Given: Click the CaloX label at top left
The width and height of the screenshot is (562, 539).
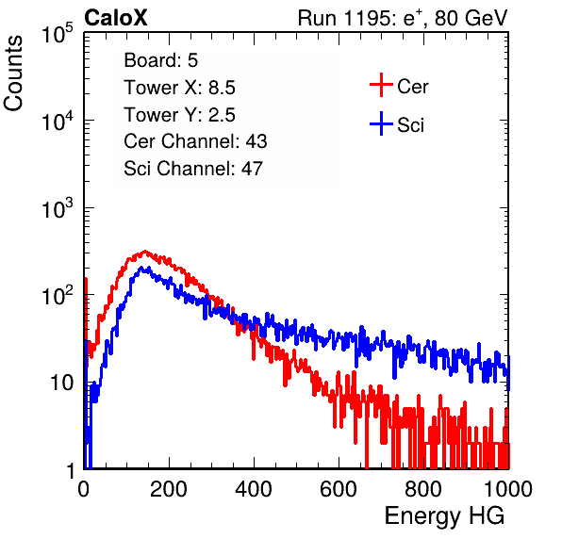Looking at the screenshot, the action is tap(115, 18).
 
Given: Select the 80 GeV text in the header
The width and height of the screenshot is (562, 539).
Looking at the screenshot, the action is tap(471, 18).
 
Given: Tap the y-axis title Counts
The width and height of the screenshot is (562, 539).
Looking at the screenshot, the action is tap(13, 73).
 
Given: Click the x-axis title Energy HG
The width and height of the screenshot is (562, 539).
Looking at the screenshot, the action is tap(444, 516).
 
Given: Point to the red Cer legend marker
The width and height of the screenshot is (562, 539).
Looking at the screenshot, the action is tap(381, 85).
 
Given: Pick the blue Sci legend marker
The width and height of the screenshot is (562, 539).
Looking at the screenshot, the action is tap(381, 123).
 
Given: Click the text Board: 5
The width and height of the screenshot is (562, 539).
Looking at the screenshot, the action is tap(160, 60).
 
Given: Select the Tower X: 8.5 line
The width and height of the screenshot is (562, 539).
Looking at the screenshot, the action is tap(179, 88).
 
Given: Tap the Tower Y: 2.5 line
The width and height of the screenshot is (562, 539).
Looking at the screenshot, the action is tap(179, 115).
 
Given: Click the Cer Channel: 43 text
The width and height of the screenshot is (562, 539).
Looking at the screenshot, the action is tap(195, 141).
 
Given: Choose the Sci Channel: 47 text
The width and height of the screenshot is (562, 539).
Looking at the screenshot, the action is tap(193, 169).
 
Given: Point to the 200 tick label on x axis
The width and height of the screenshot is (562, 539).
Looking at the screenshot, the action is tap(169, 489).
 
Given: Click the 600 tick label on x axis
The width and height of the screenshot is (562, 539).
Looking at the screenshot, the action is tap(339, 489).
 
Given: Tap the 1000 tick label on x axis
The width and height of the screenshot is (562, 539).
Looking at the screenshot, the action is tap(508, 489).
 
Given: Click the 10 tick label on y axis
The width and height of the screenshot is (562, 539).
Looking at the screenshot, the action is tap(61, 383).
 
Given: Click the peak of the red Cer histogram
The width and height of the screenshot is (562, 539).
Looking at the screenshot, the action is tap(145, 252).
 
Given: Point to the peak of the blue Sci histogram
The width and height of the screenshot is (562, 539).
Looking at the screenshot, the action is tap(141, 268).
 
